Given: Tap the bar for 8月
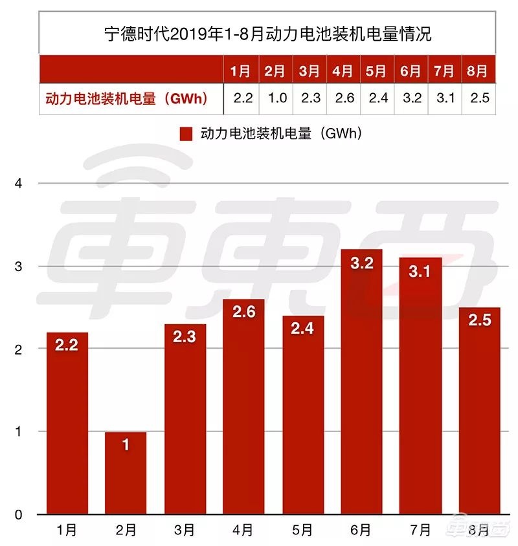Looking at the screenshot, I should (479, 420).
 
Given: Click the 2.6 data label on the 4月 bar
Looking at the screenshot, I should (243, 312).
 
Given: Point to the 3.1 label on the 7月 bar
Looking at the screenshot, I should (420, 272).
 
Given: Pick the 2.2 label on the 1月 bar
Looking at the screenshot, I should (67, 345).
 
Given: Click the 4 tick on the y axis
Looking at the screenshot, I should (18, 183).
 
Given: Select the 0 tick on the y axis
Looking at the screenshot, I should (18, 515).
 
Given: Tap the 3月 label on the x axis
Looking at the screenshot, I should (185, 530).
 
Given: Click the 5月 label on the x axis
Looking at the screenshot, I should (302, 530).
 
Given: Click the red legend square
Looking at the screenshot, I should (187, 134).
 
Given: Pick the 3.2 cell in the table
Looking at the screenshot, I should (411, 98).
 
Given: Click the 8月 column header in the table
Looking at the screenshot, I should (477, 71).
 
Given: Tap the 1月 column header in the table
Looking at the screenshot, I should (241, 71).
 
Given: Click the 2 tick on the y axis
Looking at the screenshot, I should (18, 349).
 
